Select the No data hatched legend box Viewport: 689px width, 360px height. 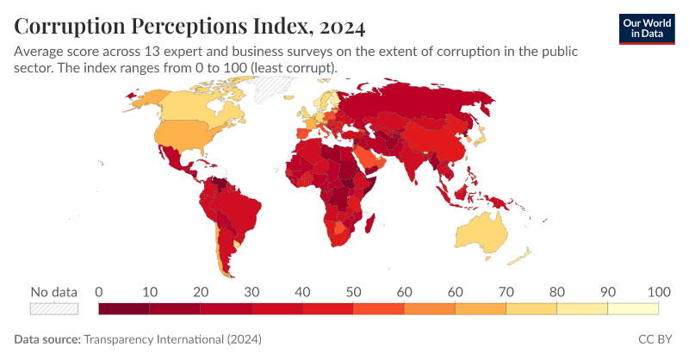tap(54, 308)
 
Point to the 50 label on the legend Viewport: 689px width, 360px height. tap(353, 291)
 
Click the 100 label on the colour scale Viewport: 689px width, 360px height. tap(659, 291)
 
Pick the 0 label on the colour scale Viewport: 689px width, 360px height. tap(99, 291)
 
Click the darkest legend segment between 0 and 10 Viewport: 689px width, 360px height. tap(124, 308)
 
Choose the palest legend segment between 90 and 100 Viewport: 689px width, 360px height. tap(633, 308)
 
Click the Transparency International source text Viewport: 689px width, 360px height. tap(171, 339)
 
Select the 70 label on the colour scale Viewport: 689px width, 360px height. tap(506, 291)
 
